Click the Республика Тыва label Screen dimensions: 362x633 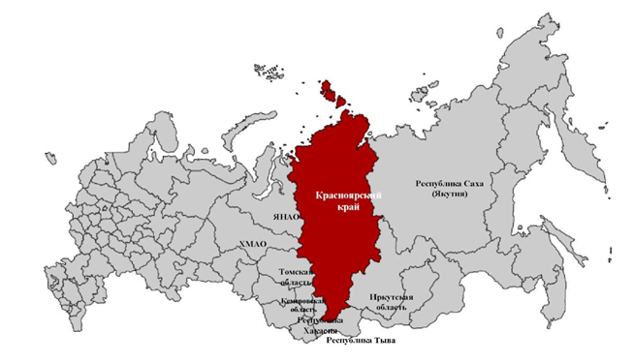(362, 342)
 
